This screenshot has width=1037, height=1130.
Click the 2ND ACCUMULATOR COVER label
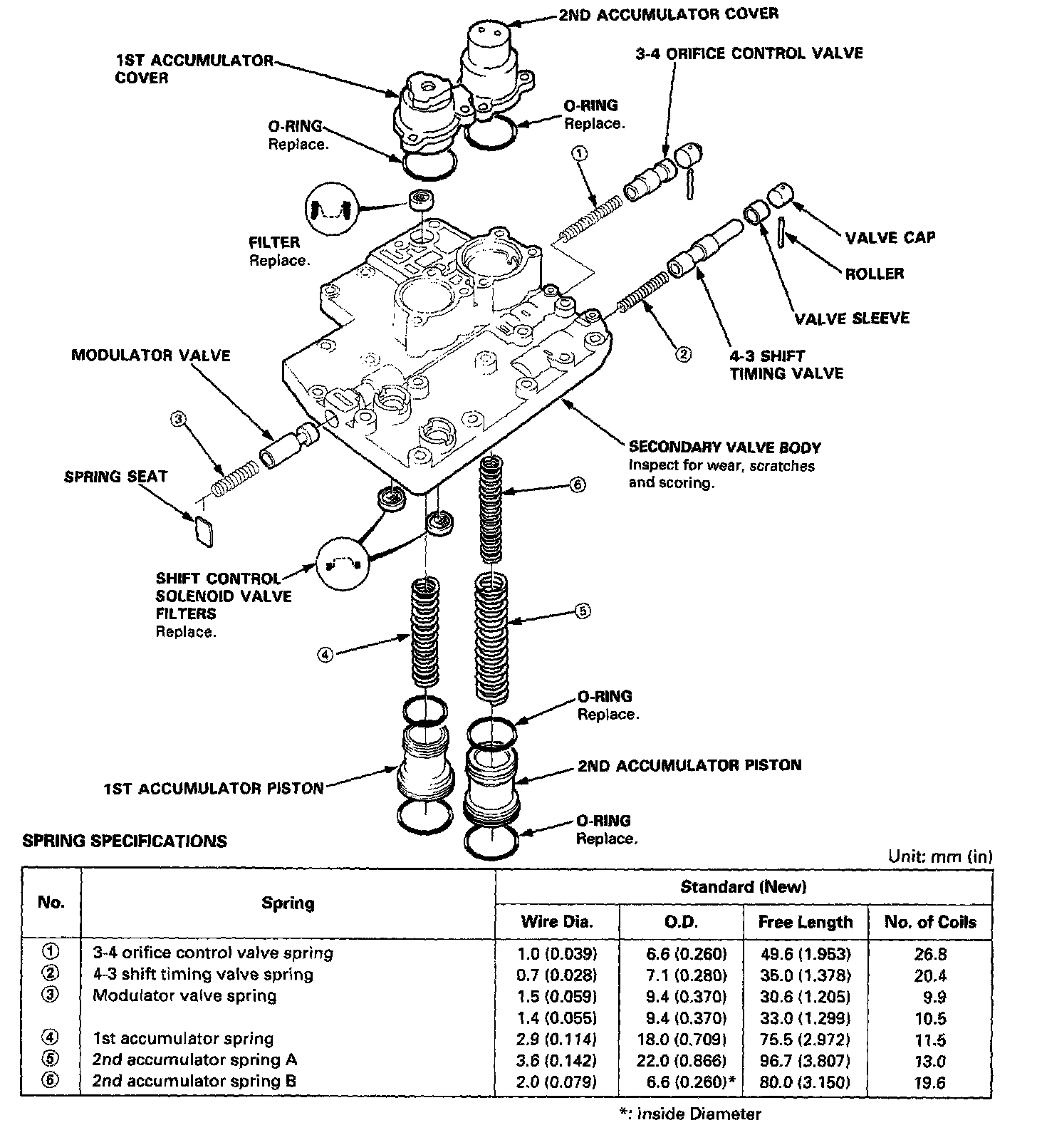[x=667, y=14]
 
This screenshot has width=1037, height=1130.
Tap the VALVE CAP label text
[x=890, y=237]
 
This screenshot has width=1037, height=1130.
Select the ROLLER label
[x=874, y=274]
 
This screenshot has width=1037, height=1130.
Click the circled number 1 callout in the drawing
[x=580, y=153]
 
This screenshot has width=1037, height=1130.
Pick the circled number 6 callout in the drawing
[x=578, y=485]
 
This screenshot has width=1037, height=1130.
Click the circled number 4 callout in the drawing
[x=325, y=655]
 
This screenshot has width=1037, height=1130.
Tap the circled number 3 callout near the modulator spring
[x=178, y=420]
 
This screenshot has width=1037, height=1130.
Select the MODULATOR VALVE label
[x=151, y=355]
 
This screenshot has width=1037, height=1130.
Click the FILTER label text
[x=274, y=242]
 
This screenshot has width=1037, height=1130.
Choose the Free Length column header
[x=805, y=922]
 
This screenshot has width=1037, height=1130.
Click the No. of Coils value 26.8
[x=930, y=953]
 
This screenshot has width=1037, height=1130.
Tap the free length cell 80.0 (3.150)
[x=805, y=1082]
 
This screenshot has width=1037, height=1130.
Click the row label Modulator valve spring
[x=184, y=995]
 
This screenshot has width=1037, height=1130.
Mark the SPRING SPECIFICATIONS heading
[x=125, y=841]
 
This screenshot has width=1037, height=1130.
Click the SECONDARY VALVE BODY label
[x=724, y=447]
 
